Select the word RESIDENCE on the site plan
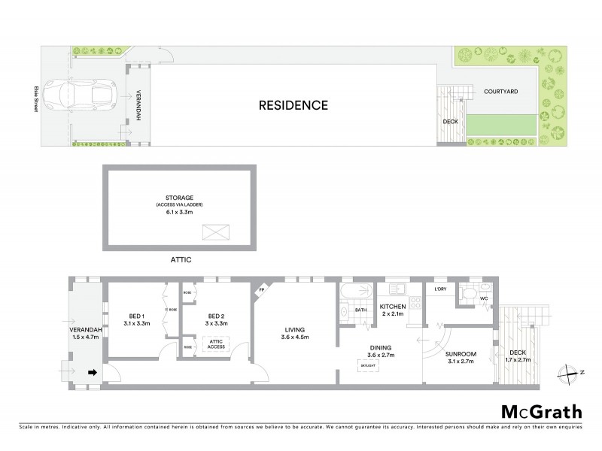(293, 105)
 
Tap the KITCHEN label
(392, 307)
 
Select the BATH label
(360, 309)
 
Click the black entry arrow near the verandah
(93, 371)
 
